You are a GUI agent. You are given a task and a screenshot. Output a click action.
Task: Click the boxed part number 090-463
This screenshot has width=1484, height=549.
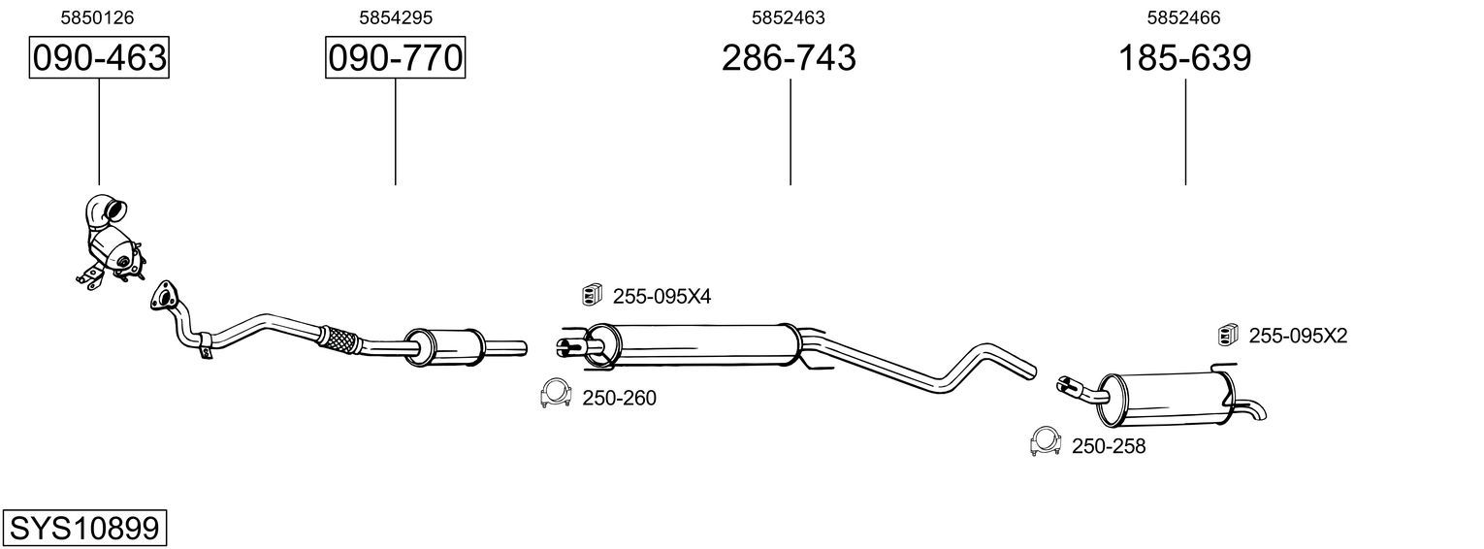(99, 57)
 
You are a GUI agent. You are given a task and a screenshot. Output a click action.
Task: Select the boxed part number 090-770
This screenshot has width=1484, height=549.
(396, 57)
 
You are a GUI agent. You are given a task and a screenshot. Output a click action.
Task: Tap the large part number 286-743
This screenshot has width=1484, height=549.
(789, 57)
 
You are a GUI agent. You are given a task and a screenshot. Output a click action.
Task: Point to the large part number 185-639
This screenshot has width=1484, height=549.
(1184, 57)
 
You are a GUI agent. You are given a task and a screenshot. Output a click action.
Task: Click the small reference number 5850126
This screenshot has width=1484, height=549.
(97, 17)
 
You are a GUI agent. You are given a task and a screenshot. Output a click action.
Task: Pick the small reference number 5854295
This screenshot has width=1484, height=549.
(396, 17)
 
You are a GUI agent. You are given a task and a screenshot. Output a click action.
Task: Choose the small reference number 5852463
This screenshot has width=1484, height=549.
(789, 17)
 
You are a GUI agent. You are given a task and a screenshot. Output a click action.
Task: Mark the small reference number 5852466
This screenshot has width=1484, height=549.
(1184, 17)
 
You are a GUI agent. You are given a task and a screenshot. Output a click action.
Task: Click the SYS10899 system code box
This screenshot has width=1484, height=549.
(84, 529)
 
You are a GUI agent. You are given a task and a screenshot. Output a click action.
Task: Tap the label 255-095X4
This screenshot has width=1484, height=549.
(661, 297)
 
